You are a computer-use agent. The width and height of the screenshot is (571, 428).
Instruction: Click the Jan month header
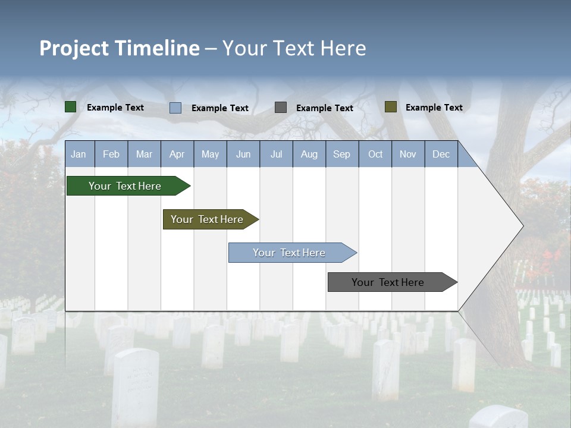(x=79, y=155)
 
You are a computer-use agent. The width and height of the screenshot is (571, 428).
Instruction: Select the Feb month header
(x=111, y=155)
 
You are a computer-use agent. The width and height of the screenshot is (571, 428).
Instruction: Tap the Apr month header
(x=177, y=155)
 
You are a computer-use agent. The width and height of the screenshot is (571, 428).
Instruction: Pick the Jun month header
(x=243, y=155)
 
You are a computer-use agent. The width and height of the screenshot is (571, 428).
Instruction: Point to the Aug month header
(x=309, y=155)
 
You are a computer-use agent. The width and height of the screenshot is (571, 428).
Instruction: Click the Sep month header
(x=341, y=155)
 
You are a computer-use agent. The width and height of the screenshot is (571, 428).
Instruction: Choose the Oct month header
(x=375, y=155)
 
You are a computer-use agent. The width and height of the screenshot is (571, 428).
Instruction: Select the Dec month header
(x=441, y=155)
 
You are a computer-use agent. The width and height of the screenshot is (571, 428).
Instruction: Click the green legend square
(x=71, y=107)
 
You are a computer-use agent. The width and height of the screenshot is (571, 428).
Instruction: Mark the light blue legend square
(x=175, y=108)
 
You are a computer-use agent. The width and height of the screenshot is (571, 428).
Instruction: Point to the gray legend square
(x=281, y=108)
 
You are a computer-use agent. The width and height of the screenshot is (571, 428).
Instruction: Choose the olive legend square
(x=390, y=107)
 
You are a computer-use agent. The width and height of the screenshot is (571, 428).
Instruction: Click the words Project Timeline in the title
(x=120, y=48)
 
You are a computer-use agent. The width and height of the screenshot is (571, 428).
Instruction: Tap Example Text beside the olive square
(x=434, y=108)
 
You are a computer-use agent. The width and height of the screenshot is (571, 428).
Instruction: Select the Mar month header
(x=144, y=155)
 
